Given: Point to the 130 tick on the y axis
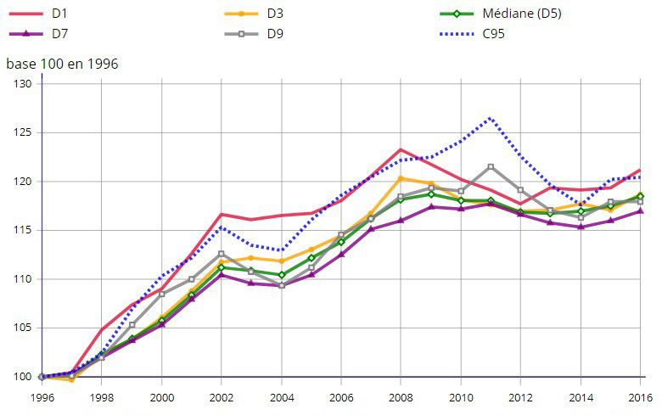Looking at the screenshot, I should [22, 84].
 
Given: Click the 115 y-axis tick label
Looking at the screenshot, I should [22, 230].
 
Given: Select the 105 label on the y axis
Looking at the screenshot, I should [22, 328].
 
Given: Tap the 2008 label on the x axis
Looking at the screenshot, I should [401, 396].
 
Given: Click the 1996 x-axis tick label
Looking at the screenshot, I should [42, 396].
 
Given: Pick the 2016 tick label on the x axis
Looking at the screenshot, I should [640, 396].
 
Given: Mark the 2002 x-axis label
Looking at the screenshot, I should [222, 396].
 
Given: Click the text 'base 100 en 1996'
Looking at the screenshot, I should [62, 64].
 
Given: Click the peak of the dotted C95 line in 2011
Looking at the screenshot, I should [491, 118].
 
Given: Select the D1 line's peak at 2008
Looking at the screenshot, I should [401, 149].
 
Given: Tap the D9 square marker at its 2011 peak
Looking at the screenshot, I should [491, 166].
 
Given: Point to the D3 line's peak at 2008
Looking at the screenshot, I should [401, 178].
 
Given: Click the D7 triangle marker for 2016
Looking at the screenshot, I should [640, 210].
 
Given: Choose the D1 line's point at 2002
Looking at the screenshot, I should [222, 214].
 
